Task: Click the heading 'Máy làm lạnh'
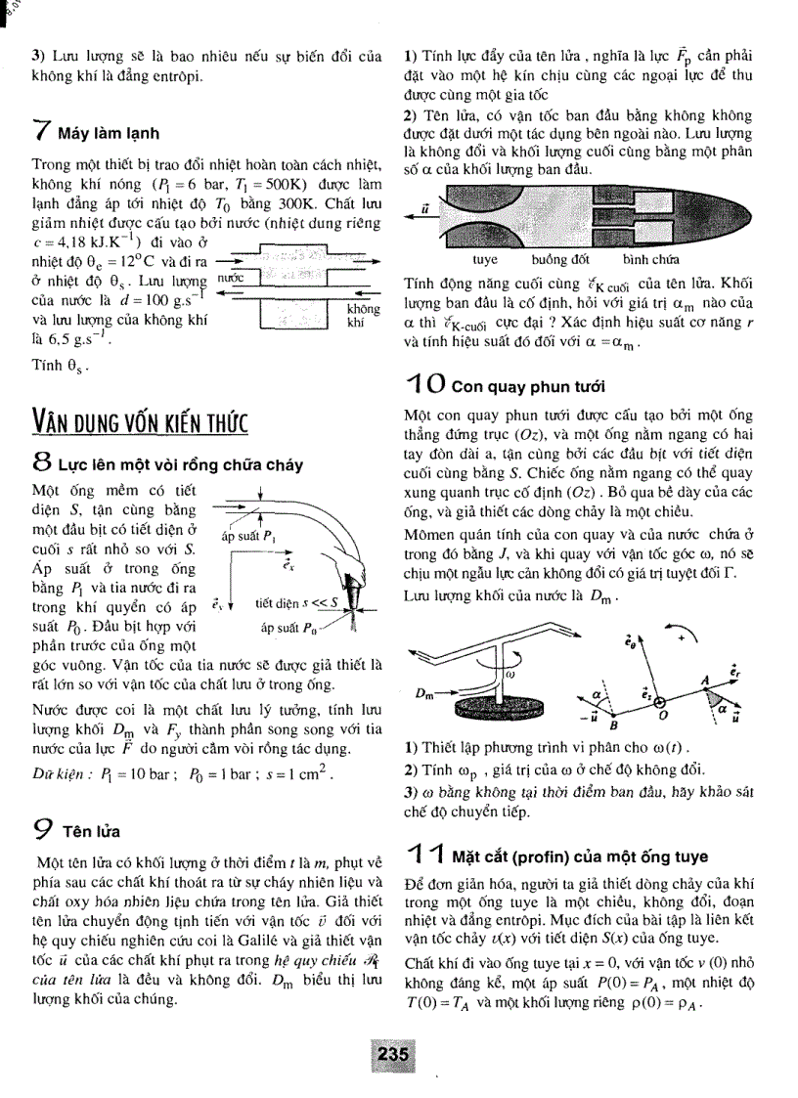pyautogui.click(x=108, y=133)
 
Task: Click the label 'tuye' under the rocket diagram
pyautogui.click(x=484, y=261)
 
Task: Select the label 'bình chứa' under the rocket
pyautogui.click(x=650, y=261)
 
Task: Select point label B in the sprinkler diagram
pyautogui.click(x=614, y=725)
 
